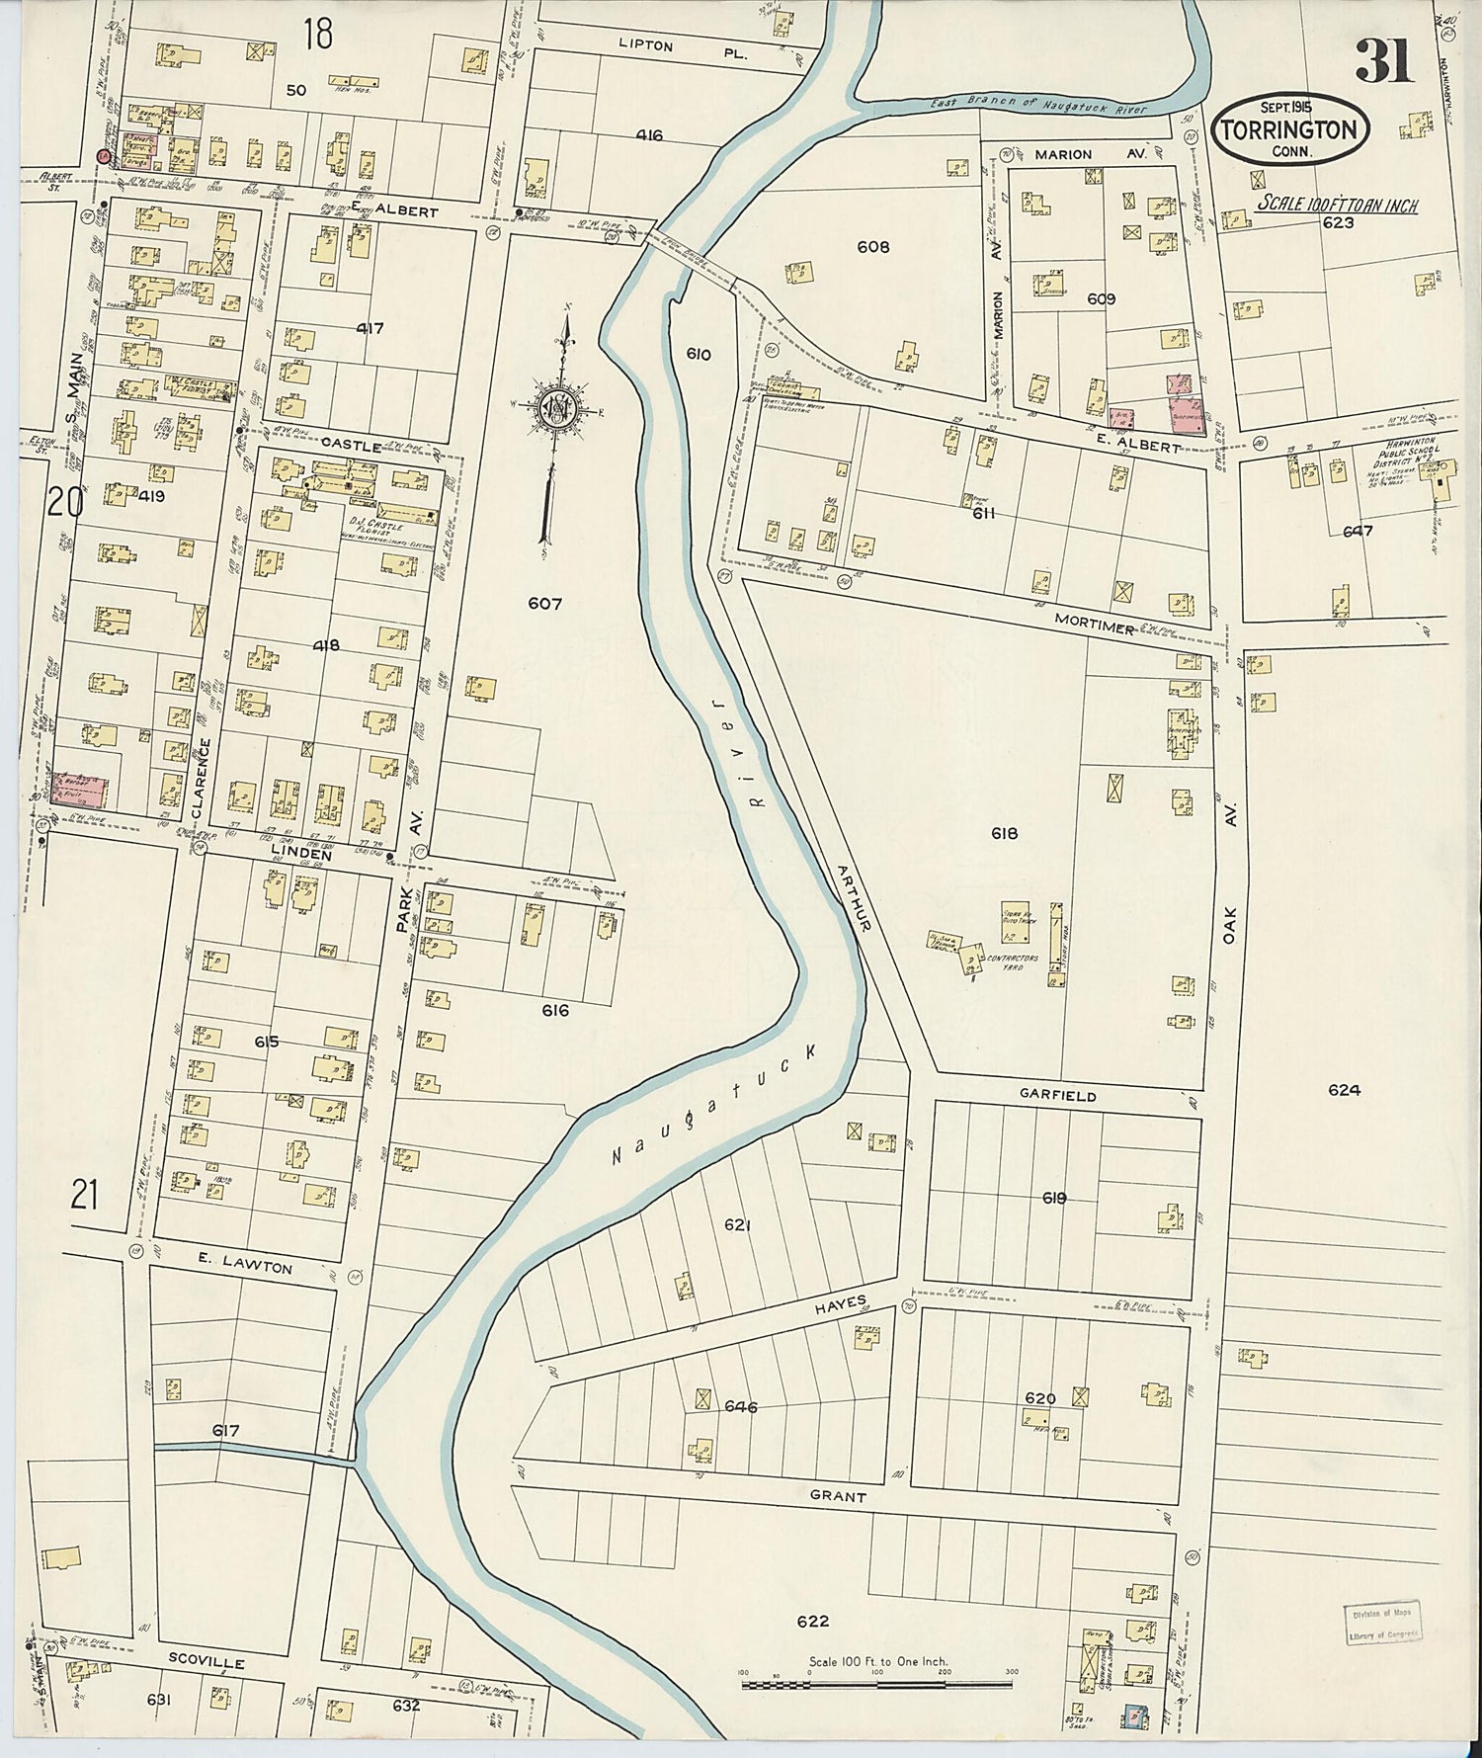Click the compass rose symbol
point(556,405)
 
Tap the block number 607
point(544,603)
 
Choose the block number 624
point(1344,1090)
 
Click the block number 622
point(811,1621)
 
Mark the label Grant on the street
point(838,1497)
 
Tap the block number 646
point(740,1406)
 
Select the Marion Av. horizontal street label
point(1063,154)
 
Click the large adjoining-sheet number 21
point(84,1197)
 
